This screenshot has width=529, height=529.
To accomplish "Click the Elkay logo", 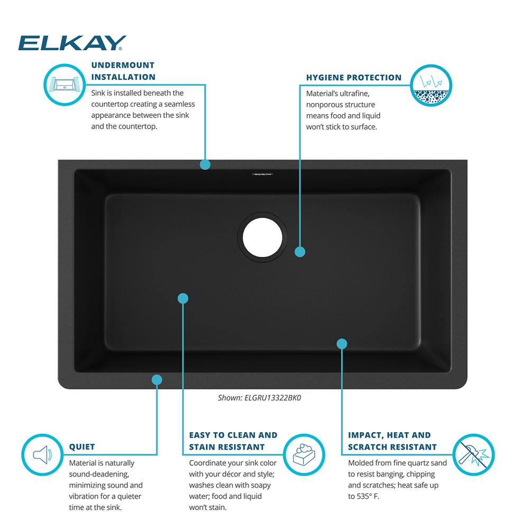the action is click(x=72, y=43).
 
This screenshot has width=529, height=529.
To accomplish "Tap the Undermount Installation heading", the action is click(x=123, y=71).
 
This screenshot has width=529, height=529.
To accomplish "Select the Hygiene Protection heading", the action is click(x=354, y=78).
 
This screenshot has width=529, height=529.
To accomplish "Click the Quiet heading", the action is click(x=82, y=446).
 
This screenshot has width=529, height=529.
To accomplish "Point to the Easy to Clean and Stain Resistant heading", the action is click(x=233, y=441).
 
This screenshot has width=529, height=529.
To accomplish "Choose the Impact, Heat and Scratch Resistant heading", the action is click(x=393, y=441).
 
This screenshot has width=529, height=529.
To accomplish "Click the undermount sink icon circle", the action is click(x=65, y=84).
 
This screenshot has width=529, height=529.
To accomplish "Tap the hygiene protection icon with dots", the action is click(x=431, y=85).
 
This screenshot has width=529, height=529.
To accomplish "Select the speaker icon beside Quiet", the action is click(x=42, y=455).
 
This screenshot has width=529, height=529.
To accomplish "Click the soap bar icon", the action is click(x=304, y=455).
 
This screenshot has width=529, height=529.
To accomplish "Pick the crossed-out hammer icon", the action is click(x=473, y=455).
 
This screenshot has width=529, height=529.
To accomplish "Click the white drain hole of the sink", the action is click(x=262, y=237).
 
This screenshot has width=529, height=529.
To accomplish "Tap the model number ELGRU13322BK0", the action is click(x=272, y=398).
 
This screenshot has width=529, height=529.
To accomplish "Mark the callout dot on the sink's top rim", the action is click(x=205, y=165).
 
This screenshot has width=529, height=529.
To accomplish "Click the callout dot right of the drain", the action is click(x=300, y=252).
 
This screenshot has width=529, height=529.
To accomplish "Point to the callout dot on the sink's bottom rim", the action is click(x=157, y=380).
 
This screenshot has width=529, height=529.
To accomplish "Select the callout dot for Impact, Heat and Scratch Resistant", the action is click(x=342, y=344).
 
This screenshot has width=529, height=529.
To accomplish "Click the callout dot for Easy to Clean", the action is click(x=183, y=298).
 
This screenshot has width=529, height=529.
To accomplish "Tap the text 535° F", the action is click(x=368, y=496).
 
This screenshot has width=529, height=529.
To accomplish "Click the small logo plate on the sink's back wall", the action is click(x=262, y=175).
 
